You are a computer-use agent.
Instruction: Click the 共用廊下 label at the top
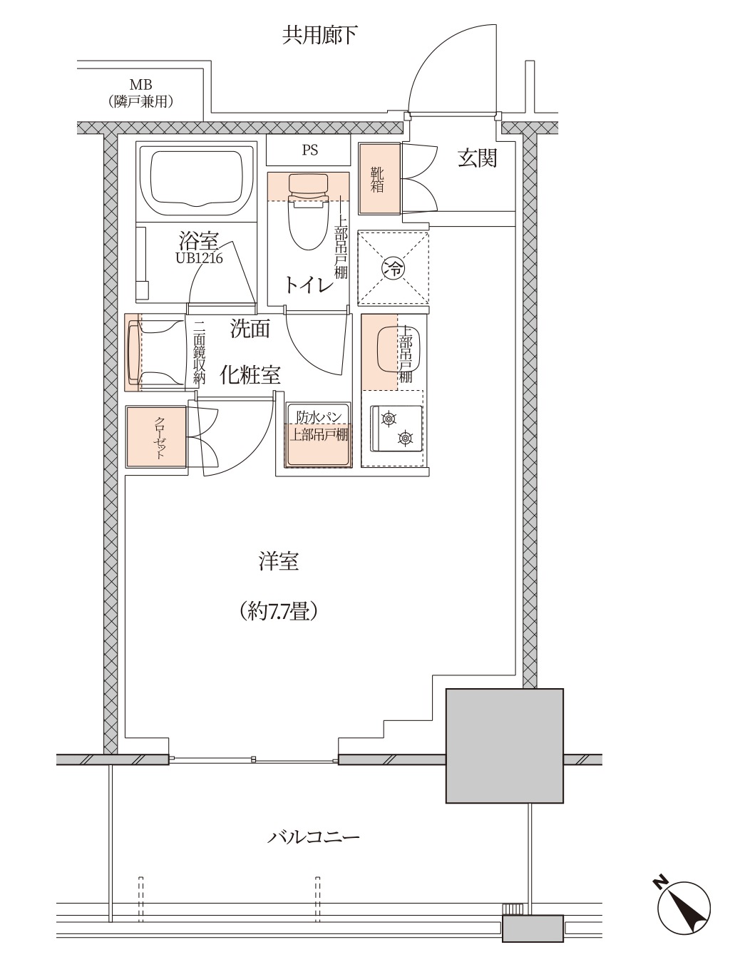pos(319,36)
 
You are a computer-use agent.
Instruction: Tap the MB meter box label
pos(140,83)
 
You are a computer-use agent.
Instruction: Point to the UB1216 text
pos(199,257)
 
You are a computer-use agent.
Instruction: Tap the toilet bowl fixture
pos(308,212)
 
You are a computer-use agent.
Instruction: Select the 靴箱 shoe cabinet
pos(379,178)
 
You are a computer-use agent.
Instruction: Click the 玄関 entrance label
pos(478,158)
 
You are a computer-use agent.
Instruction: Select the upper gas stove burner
pos(389,418)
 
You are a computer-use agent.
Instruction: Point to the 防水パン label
pos(319,416)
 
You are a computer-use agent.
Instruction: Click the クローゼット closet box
pos(156,436)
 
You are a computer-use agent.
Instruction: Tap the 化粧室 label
pos(250,374)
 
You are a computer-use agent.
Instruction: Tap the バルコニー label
pos(313,837)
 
